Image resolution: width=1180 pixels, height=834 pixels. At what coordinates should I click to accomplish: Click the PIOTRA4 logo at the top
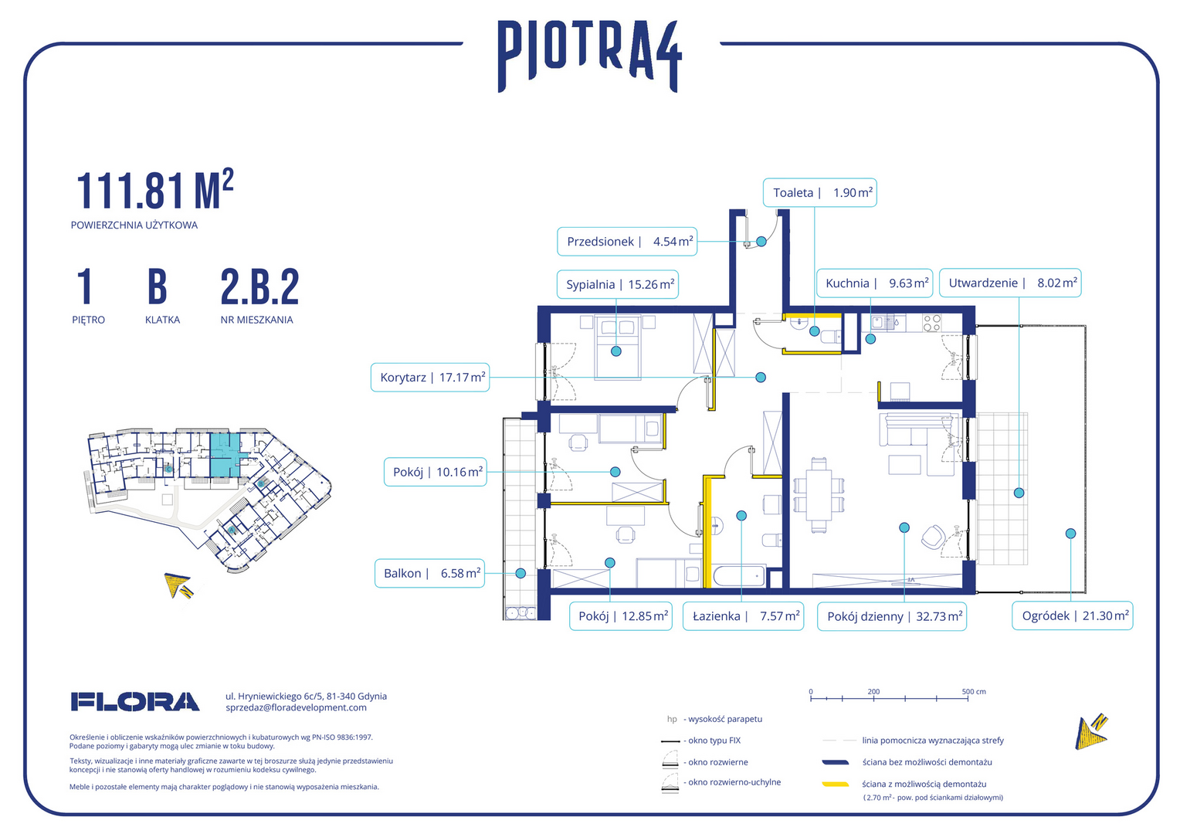(590, 56)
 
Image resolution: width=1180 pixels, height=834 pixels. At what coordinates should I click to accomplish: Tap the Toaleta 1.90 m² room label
(819, 193)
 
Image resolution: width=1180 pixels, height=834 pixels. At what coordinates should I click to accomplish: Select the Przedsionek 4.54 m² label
(627, 242)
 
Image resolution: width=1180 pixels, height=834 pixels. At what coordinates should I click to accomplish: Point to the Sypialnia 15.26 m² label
(617, 284)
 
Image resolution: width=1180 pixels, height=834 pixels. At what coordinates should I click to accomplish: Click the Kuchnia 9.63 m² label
(874, 283)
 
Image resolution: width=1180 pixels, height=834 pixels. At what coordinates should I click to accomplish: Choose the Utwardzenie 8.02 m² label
(1010, 283)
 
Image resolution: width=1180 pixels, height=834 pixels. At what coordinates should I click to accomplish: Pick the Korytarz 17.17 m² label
(430, 377)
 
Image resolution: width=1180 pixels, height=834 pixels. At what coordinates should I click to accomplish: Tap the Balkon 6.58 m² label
(429, 573)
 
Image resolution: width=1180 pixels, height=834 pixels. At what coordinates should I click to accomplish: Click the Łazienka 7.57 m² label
(744, 616)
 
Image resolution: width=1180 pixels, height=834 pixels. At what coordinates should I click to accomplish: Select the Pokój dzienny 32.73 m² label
(892, 616)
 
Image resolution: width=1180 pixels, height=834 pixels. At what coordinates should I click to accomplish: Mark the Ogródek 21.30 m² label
(1073, 616)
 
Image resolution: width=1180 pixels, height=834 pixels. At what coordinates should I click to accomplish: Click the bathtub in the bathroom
(738, 576)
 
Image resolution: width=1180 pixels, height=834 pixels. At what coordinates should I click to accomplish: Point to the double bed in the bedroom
(618, 347)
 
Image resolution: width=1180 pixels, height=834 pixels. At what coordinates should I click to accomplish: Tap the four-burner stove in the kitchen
(931, 323)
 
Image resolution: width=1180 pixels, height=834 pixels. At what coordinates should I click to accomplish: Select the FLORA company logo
(135, 702)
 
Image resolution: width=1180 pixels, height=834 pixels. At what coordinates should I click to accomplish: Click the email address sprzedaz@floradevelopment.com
(296, 707)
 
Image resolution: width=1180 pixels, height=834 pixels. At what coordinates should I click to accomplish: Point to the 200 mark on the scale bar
(873, 692)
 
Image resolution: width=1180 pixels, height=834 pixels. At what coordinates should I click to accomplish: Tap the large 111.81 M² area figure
(155, 190)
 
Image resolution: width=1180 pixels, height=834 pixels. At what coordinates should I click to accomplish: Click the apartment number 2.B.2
(259, 287)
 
